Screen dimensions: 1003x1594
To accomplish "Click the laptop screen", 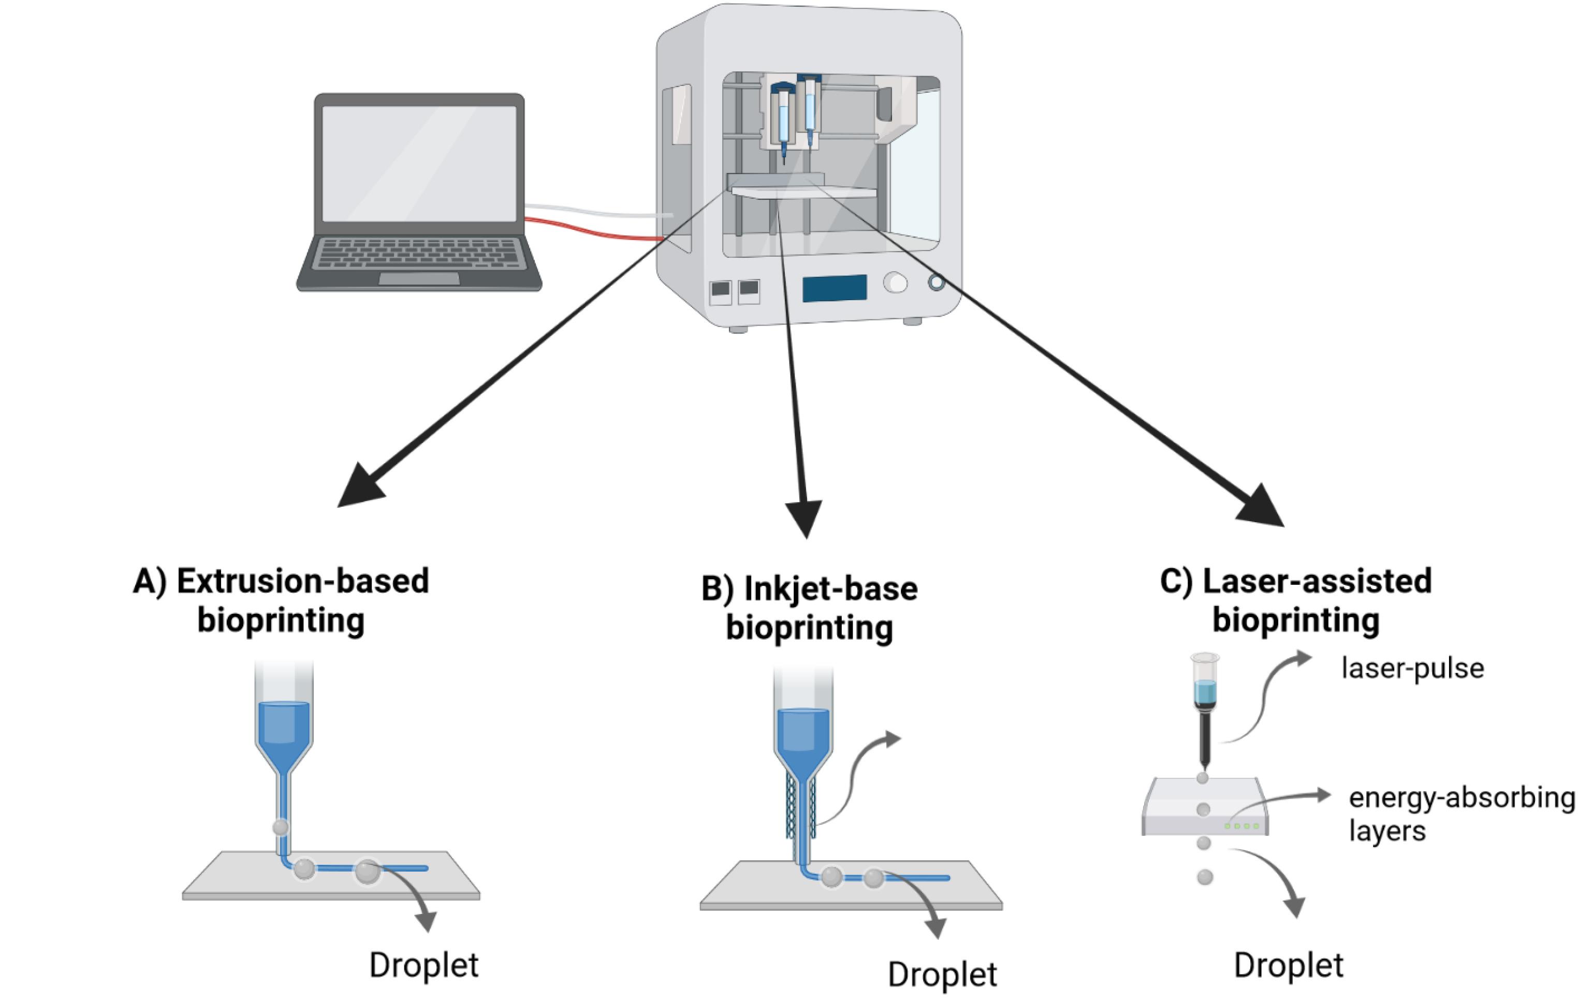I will pyautogui.click(x=418, y=164).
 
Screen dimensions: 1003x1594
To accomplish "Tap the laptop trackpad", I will pyautogui.click(x=418, y=279).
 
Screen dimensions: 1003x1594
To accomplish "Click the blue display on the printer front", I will pyautogui.click(x=834, y=288).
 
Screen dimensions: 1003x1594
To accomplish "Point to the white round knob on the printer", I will pyautogui.click(x=895, y=283).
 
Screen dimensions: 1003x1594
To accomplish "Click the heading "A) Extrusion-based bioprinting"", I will pyautogui.click(x=281, y=600).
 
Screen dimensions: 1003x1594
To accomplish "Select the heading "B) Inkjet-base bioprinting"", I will pyautogui.click(x=809, y=608).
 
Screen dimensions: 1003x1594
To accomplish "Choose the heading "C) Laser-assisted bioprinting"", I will pyautogui.click(x=1295, y=600).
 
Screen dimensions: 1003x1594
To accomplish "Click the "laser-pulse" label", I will pyautogui.click(x=1412, y=668).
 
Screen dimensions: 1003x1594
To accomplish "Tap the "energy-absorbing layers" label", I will pyautogui.click(x=1461, y=813).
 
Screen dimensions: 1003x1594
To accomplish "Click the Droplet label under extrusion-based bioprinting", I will pyautogui.click(x=423, y=965).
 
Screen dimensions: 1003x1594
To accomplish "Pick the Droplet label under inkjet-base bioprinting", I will pyautogui.click(x=942, y=975).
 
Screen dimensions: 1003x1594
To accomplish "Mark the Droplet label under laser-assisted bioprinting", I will pyautogui.click(x=1288, y=965).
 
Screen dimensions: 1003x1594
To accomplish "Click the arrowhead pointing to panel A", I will pyautogui.click(x=359, y=488).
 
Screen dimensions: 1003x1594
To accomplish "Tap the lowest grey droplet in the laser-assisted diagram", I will pyautogui.click(x=1205, y=877).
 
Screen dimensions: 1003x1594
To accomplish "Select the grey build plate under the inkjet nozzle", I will pyautogui.click(x=851, y=887).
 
